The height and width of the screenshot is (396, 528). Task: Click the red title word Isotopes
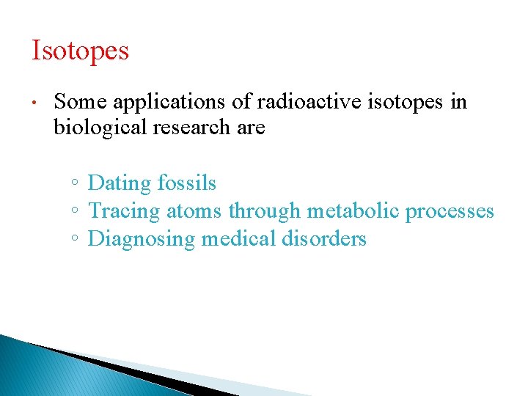[x=80, y=51]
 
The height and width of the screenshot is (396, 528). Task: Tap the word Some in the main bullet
[x=80, y=102]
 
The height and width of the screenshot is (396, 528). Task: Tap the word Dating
[x=120, y=183]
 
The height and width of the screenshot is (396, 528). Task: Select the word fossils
[x=186, y=183]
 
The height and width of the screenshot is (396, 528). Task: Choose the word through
[x=265, y=211]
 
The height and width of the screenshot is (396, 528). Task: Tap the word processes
[x=450, y=212]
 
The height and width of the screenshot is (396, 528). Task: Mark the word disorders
[x=326, y=239]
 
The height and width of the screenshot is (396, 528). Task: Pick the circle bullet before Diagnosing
[x=76, y=240]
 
